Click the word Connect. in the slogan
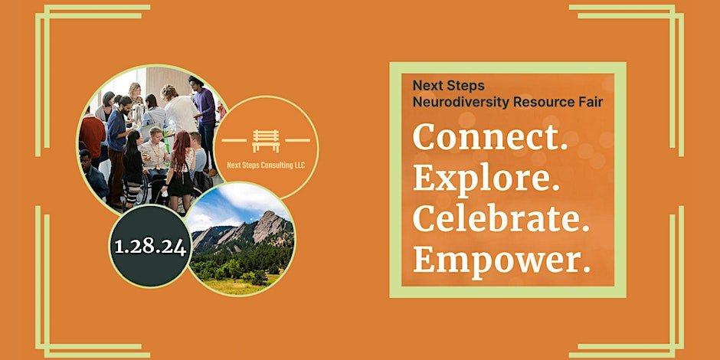(x=490, y=137)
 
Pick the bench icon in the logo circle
(x=266, y=140)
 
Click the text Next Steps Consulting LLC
(x=266, y=165)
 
